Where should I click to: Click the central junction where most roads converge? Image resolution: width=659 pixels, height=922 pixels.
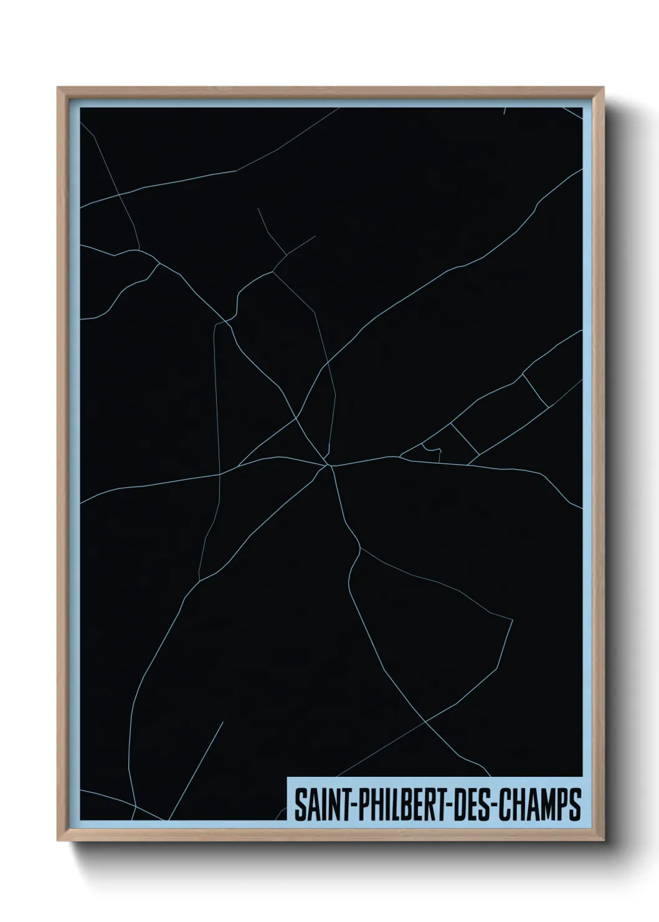(x=329, y=464)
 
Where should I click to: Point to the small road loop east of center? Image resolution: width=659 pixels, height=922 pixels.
(x=431, y=450)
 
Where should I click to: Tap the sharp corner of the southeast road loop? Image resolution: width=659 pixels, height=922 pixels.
(x=511, y=619)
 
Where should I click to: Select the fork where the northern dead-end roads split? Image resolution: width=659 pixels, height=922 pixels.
(x=285, y=255)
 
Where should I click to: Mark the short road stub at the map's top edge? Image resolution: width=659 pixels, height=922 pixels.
(x=504, y=111)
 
